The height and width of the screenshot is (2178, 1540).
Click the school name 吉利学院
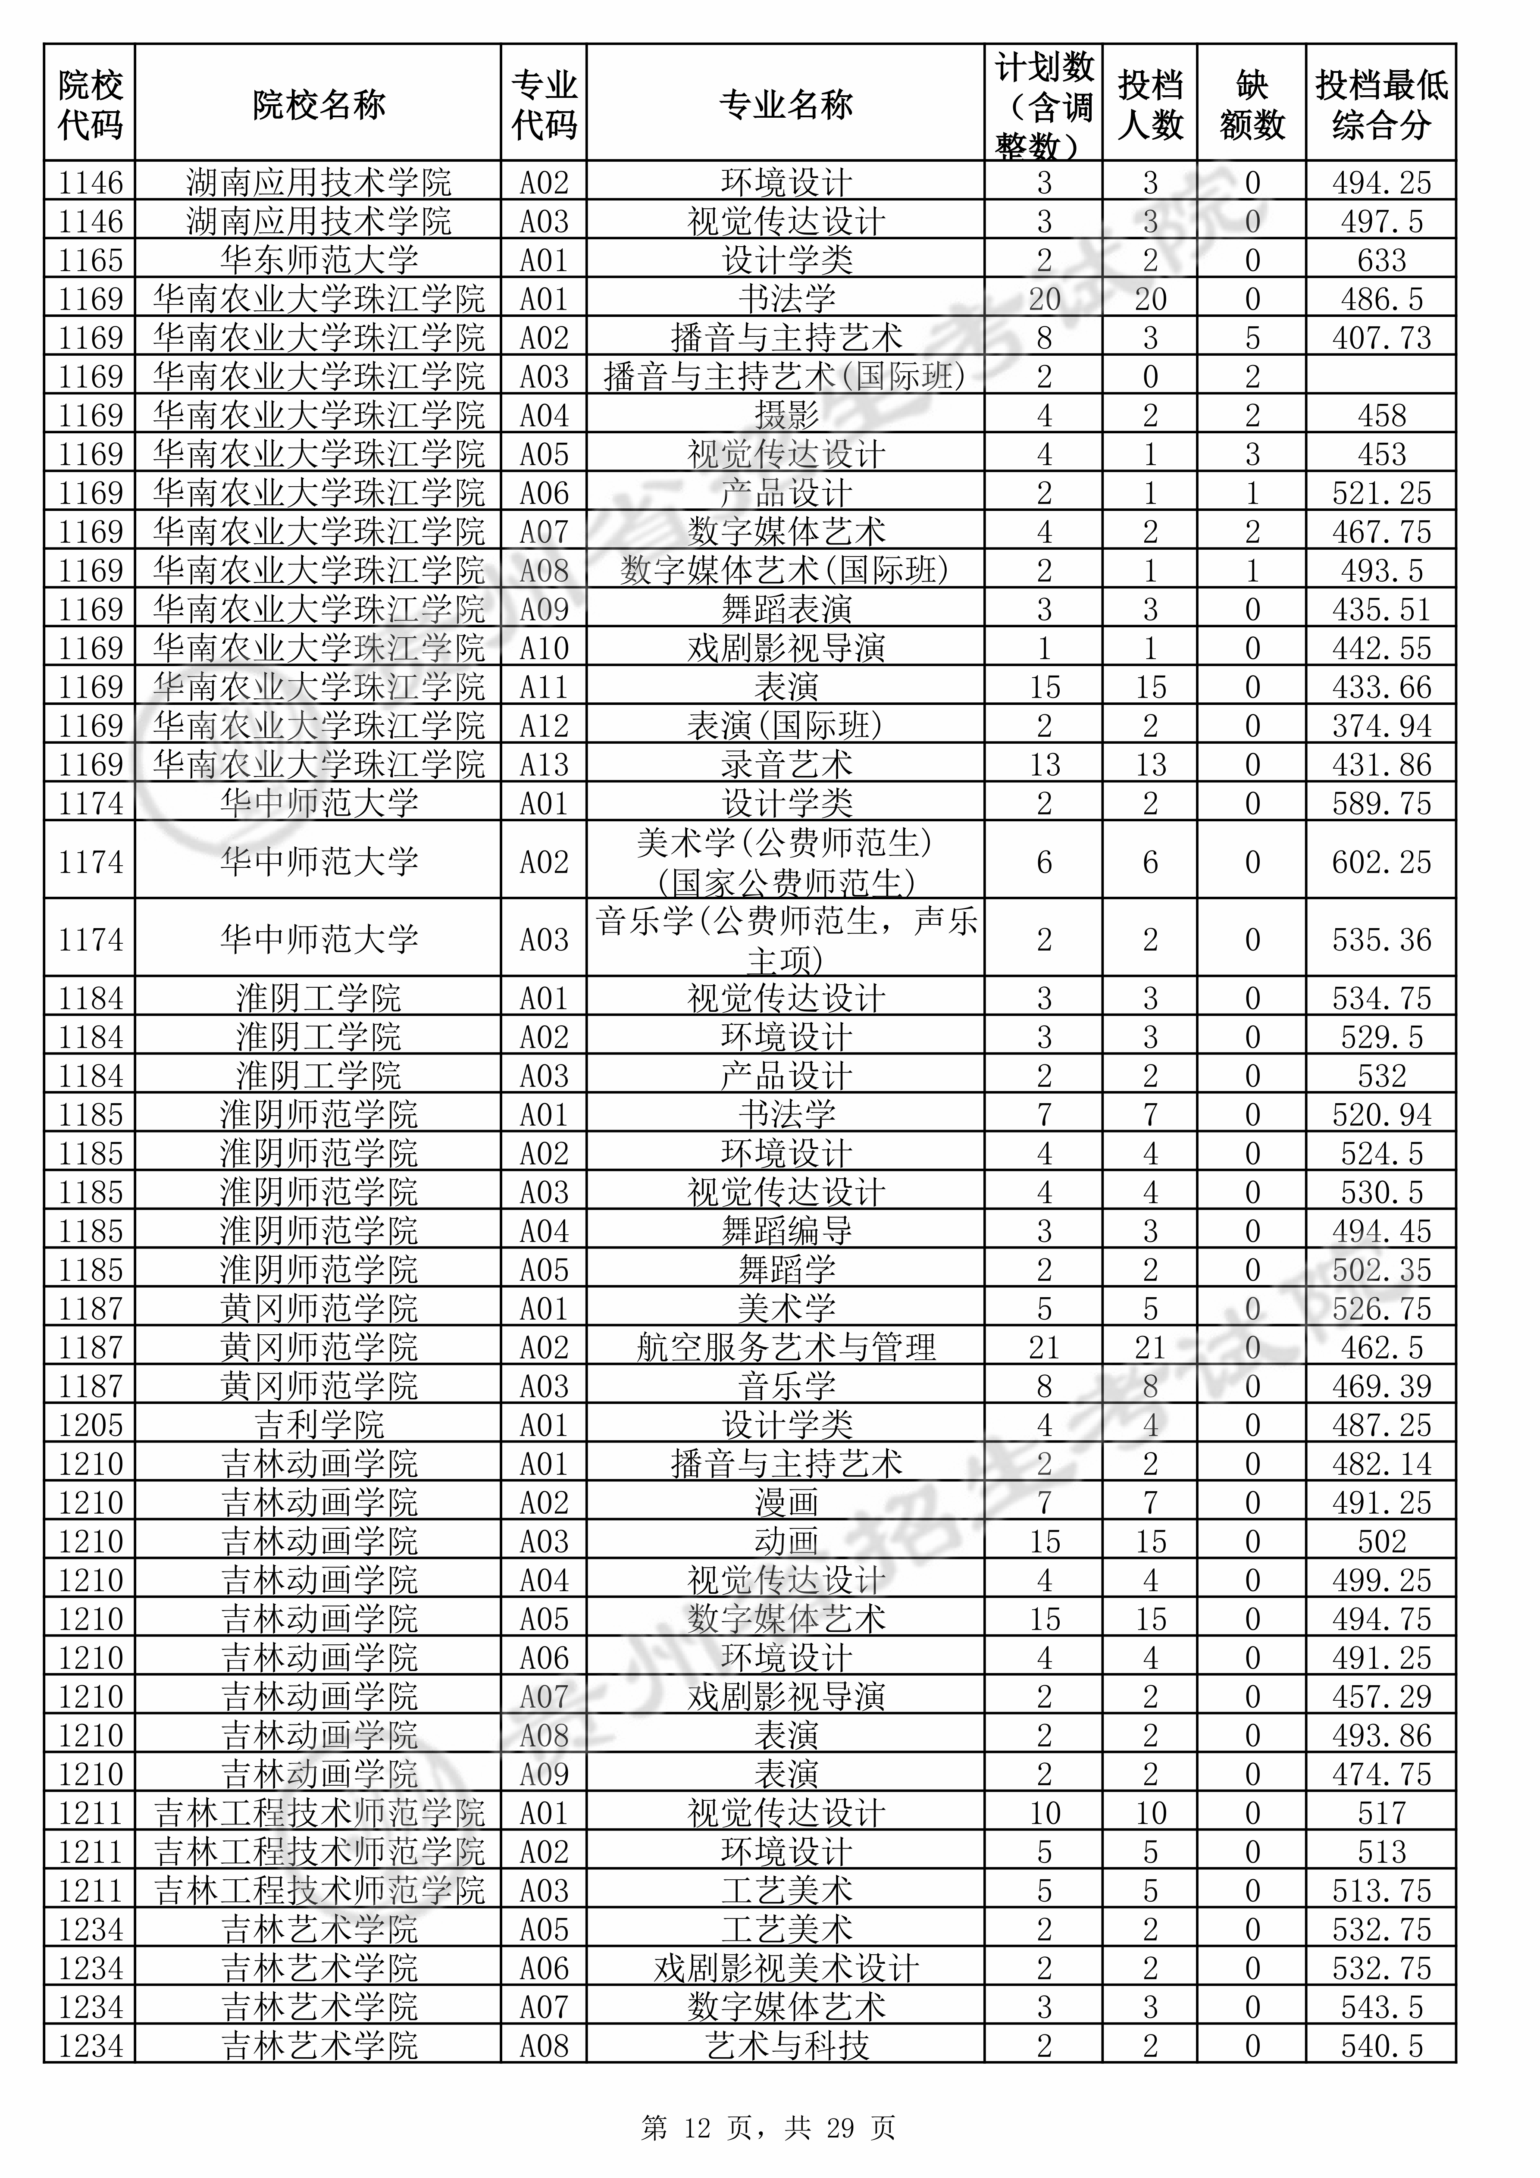pos(319,1425)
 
